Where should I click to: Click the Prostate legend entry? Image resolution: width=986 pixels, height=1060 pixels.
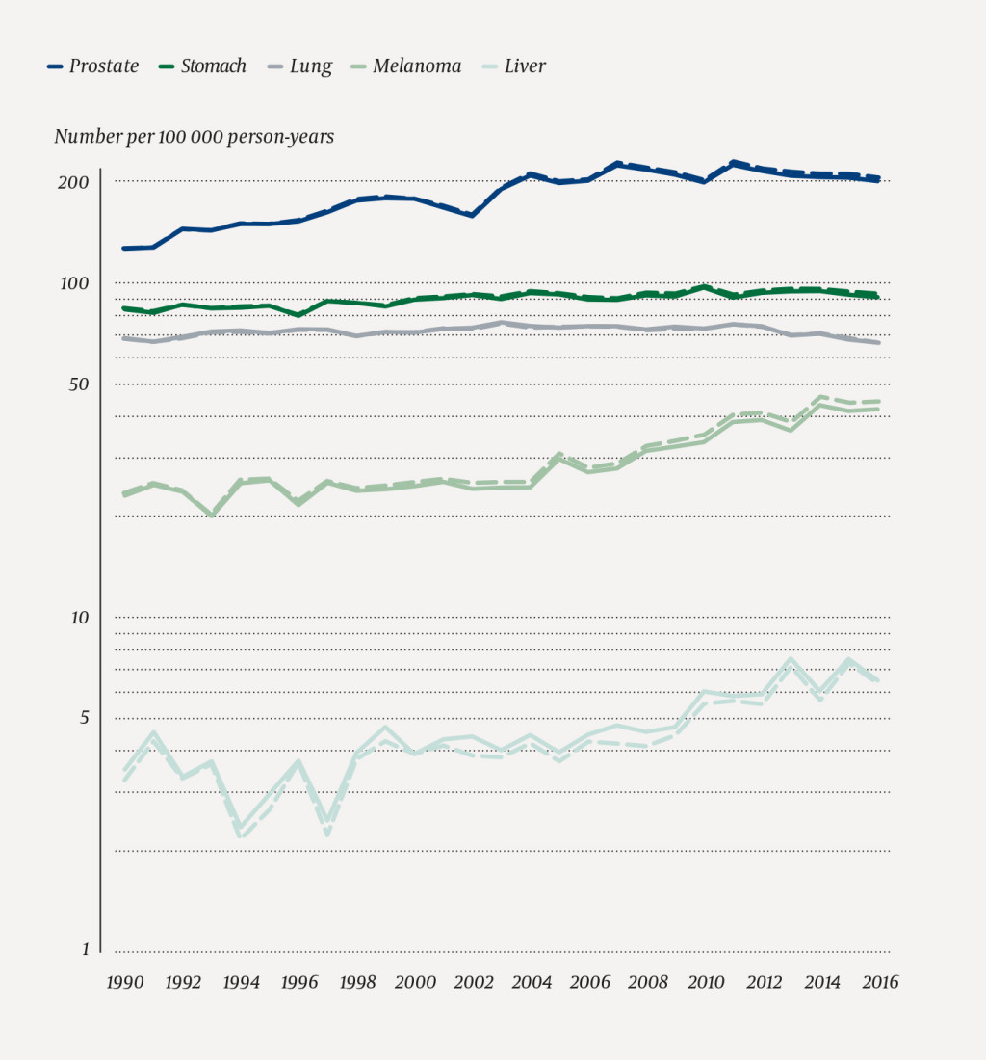click(93, 66)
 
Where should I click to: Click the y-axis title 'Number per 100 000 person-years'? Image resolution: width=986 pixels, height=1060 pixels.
click(195, 137)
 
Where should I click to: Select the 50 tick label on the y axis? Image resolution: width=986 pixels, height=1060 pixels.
click(80, 384)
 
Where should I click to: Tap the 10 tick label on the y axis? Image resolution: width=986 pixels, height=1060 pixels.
click(80, 618)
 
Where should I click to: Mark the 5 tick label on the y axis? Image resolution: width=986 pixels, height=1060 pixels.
click(84, 718)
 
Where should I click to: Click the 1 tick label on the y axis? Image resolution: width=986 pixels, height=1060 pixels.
click(84, 950)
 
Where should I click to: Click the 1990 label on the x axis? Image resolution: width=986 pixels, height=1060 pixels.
click(124, 982)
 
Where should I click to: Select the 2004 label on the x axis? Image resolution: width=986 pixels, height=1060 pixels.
click(531, 982)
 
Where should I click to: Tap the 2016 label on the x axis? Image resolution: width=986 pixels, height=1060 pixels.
click(879, 982)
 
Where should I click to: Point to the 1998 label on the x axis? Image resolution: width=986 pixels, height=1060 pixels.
click(357, 982)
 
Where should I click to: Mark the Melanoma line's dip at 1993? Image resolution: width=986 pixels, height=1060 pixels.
click(212, 516)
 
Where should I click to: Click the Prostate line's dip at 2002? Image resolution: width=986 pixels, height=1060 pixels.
click(473, 215)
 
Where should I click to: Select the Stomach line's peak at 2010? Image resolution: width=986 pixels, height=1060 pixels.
click(705, 286)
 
